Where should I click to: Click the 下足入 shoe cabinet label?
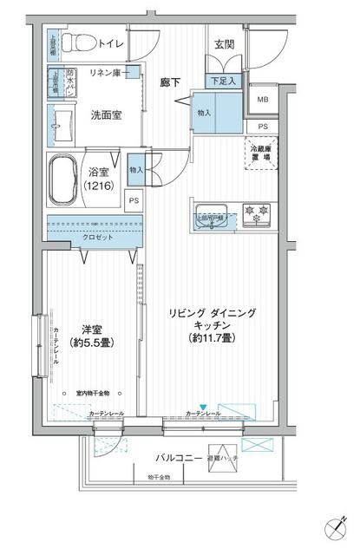[x=224, y=80]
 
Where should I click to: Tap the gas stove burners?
[x=256, y=211]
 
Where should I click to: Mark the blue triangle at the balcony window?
[x=202, y=408]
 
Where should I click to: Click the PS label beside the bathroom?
[x=133, y=200]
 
